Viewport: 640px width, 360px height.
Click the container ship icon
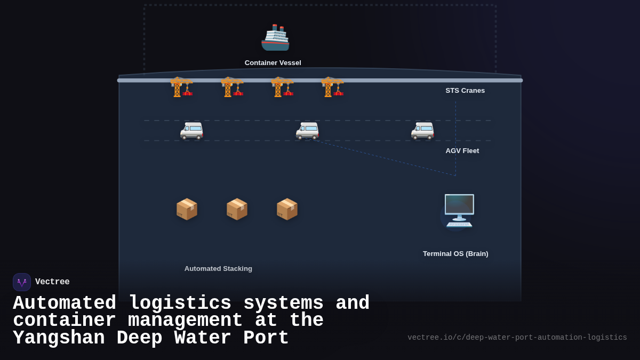click(275, 38)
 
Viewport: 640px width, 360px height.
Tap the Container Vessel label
click(273, 63)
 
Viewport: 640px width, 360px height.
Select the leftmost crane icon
click(181, 86)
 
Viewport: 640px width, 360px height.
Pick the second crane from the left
click(232, 86)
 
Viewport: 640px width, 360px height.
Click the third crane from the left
click(282, 86)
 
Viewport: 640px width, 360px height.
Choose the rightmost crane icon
click(332, 86)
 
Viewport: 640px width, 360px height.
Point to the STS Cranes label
click(465, 91)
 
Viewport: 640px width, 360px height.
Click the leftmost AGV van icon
click(191, 130)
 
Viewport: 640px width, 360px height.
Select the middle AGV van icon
click(307, 130)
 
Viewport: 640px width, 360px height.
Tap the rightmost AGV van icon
click(422, 130)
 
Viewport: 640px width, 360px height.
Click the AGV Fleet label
click(462, 151)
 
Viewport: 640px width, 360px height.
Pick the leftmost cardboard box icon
click(187, 209)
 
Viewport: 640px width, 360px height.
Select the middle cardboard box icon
click(237, 209)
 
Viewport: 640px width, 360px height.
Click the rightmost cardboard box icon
click(287, 209)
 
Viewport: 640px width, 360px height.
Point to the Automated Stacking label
click(218, 269)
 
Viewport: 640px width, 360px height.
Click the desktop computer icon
click(459, 211)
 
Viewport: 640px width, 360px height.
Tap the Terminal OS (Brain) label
click(455, 254)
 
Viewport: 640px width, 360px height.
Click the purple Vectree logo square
click(22, 282)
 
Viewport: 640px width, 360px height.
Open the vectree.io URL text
click(517, 338)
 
